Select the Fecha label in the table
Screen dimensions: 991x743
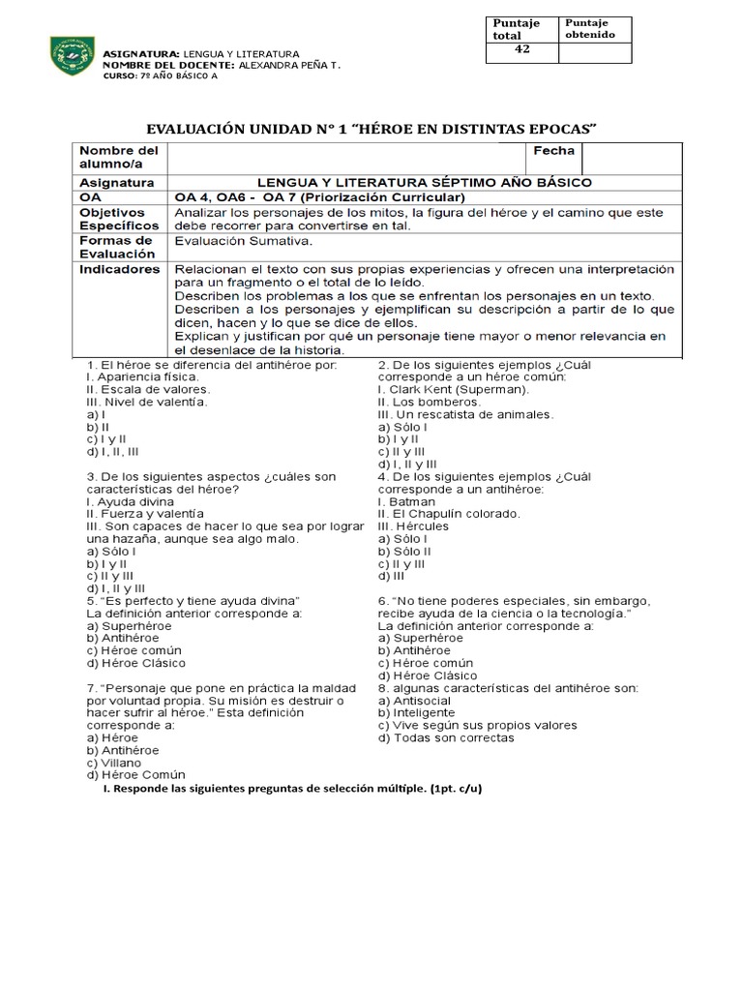point(552,151)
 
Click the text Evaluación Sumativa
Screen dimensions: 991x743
point(242,241)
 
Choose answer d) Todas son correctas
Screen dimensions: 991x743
point(446,737)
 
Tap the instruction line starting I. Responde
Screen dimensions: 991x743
point(291,788)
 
